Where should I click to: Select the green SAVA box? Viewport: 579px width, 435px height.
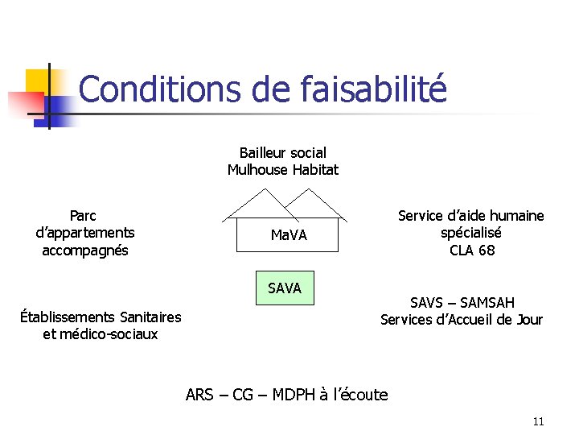pyautogui.click(x=285, y=288)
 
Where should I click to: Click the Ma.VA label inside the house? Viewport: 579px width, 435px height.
pyautogui.click(x=289, y=235)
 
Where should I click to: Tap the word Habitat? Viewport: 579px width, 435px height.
pyautogui.click(x=315, y=170)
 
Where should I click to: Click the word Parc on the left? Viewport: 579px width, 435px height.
pyautogui.click(x=83, y=215)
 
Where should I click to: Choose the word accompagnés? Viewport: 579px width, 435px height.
pyautogui.click(x=85, y=251)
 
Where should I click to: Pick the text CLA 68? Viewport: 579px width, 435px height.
pyautogui.click(x=472, y=251)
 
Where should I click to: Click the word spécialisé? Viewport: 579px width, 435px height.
pyautogui.click(x=471, y=233)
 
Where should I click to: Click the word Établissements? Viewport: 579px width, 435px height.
pyautogui.click(x=67, y=317)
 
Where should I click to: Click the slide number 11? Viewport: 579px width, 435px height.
pyautogui.click(x=539, y=421)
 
